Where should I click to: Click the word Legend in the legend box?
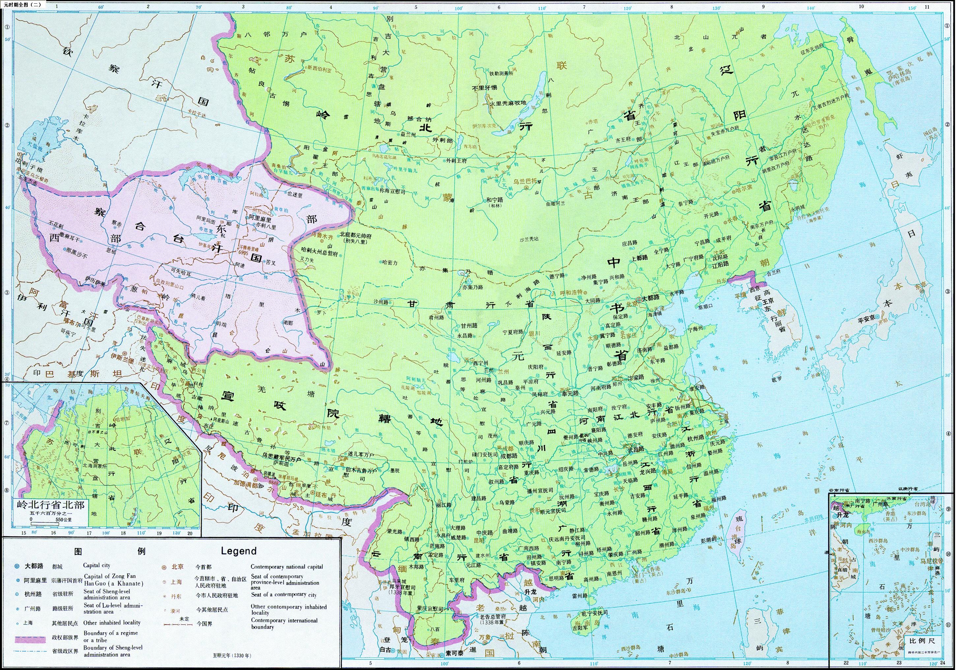coord(239,551)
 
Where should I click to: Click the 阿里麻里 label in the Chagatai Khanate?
coord(260,218)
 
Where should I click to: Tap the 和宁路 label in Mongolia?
coord(495,200)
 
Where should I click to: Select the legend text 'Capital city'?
coord(97,565)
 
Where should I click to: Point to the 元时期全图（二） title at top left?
coord(23,5)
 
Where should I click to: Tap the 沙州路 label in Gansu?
coord(380,302)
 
